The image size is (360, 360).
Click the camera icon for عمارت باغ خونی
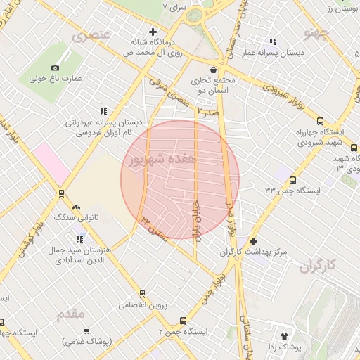point(56,68)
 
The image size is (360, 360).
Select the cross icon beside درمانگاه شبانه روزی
point(153,32)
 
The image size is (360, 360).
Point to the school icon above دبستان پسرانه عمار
point(273,41)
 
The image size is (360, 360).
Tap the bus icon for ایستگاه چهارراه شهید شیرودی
point(321,121)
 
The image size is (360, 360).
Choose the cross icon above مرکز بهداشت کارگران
point(253,241)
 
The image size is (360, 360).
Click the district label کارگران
point(318,266)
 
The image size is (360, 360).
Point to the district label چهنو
point(316,32)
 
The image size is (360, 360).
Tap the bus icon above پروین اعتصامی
point(143,294)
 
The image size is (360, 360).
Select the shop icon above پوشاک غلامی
point(87,330)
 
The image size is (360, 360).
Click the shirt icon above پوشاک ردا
point(284,336)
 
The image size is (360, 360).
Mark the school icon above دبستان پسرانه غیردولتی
point(103,110)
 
